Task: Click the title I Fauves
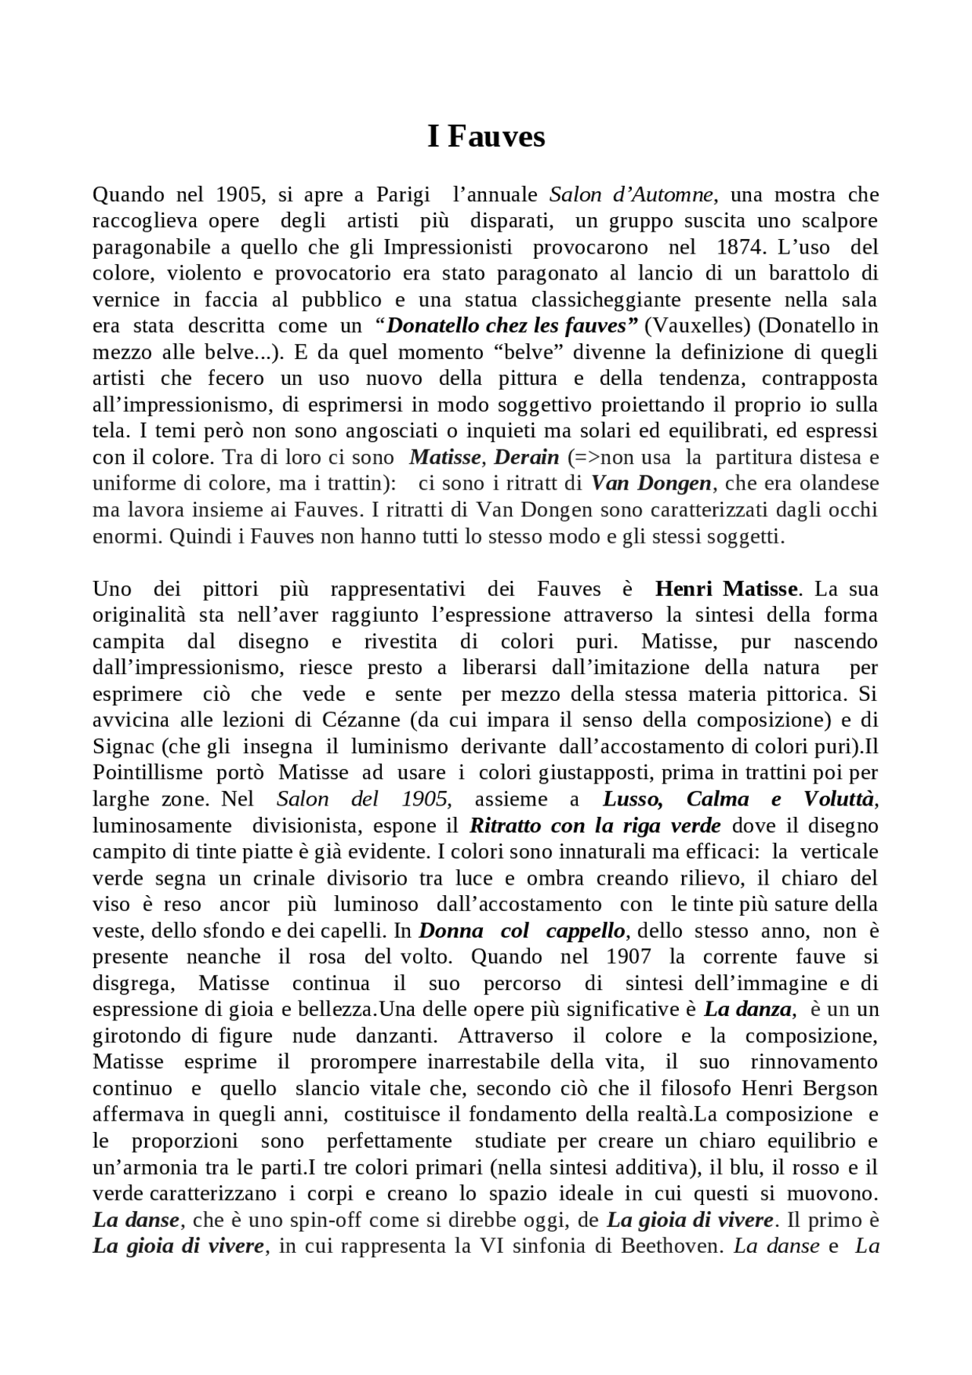point(486,137)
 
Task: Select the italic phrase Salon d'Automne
point(632,194)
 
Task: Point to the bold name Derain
point(526,457)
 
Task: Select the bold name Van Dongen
point(651,483)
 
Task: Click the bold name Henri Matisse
point(725,588)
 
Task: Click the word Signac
point(123,746)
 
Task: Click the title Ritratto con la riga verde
point(595,825)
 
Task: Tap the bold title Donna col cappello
point(522,931)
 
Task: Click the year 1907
point(628,957)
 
